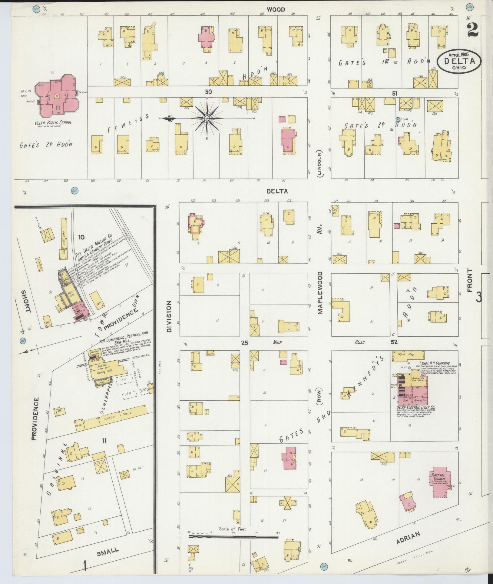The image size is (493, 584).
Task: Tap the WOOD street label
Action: tap(276, 10)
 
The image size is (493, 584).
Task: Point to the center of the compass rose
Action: tap(207, 118)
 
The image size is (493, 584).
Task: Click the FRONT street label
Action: tap(470, 280)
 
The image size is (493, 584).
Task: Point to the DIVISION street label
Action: tap(169, 316)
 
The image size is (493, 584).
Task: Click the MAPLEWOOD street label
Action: tap(320, 293)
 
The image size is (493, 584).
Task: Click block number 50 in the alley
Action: tap(208, 92)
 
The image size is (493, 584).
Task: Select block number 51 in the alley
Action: tap(394, 93)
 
